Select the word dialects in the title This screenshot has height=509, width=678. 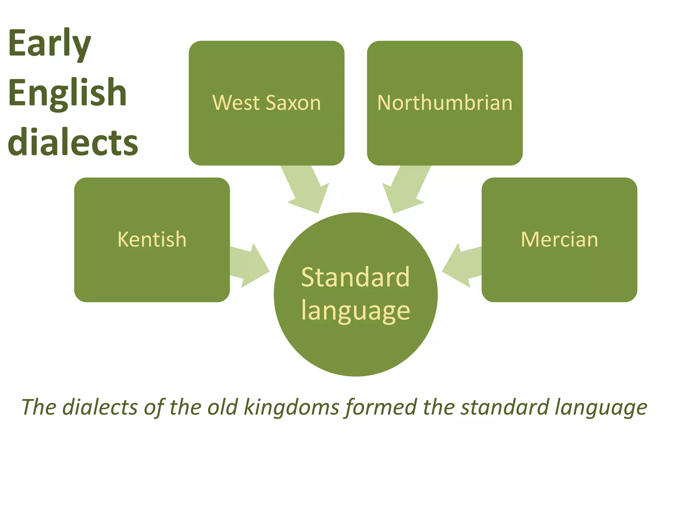73,142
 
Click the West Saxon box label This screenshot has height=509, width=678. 266,103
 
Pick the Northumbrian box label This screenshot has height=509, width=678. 445,103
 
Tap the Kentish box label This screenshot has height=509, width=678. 152,239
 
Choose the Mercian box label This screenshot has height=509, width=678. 559,239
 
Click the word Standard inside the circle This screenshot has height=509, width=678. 356,277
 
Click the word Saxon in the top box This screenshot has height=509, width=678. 293,103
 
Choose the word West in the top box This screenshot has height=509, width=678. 236,103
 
